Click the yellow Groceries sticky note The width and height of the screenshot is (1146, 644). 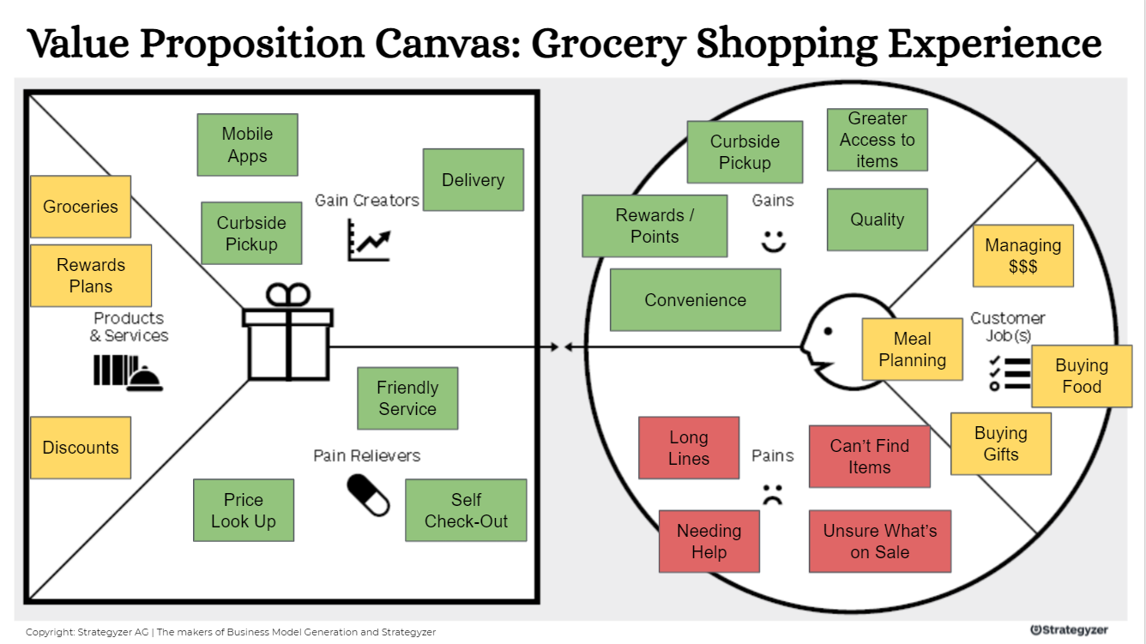click(81, 207)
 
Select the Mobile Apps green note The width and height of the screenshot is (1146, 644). click(247, 145)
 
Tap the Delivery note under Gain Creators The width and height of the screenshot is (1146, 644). click(473, 180)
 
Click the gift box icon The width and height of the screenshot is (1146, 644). click(288, 334)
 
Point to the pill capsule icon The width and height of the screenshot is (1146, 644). click(368, 496)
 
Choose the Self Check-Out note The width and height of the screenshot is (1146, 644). click(466, 510)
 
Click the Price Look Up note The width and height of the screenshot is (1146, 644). click(244, 510)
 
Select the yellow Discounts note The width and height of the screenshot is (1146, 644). click(81, 448)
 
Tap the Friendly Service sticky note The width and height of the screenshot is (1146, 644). click(407, 399)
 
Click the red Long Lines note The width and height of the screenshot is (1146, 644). click(689, 448)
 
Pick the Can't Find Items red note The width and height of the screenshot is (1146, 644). click(869, 456)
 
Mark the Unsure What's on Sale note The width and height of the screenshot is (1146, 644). click(880, 541)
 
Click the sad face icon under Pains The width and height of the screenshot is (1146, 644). click(773, 494)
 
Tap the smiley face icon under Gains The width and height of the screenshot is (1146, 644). click(774, 241)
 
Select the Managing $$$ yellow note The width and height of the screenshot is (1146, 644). click(1022, 256)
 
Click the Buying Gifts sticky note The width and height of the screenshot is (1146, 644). click(1000, 443)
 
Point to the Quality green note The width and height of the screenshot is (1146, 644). click(877, 220)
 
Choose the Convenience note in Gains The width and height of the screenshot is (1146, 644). click(695, 300)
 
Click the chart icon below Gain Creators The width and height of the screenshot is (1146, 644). click(368, 240)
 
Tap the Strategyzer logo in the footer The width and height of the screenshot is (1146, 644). click(1069, 630)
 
